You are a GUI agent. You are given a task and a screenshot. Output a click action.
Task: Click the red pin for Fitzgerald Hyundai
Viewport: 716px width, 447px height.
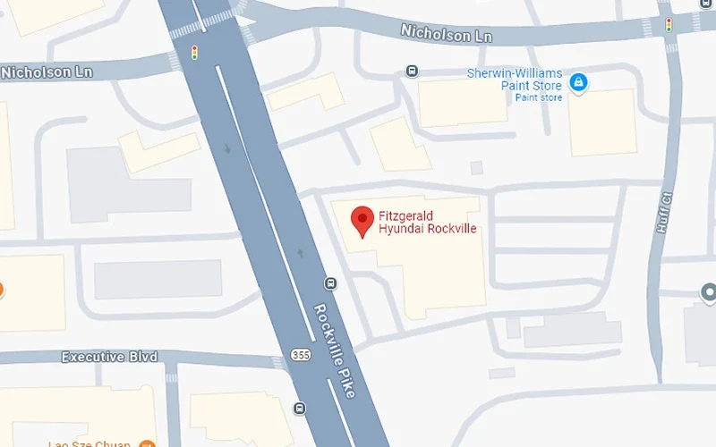362,219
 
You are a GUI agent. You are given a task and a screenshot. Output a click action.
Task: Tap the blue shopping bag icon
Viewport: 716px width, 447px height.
579,83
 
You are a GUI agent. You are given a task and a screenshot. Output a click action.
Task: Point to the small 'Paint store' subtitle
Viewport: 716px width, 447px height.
538,97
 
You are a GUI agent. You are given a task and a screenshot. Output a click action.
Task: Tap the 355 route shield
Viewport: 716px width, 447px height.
299,356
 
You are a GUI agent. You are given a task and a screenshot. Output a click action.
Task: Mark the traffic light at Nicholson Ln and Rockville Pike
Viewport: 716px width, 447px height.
194,55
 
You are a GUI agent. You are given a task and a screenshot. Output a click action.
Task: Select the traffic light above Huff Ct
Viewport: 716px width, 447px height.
669,24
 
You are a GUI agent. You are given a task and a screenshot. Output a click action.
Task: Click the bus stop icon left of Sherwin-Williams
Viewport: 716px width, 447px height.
412,71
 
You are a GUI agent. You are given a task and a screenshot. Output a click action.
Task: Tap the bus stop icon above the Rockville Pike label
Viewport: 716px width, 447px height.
330,284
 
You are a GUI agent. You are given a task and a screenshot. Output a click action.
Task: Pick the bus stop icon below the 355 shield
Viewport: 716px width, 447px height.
300,409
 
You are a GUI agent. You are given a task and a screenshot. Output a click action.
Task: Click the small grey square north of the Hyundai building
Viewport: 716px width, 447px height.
476,167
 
